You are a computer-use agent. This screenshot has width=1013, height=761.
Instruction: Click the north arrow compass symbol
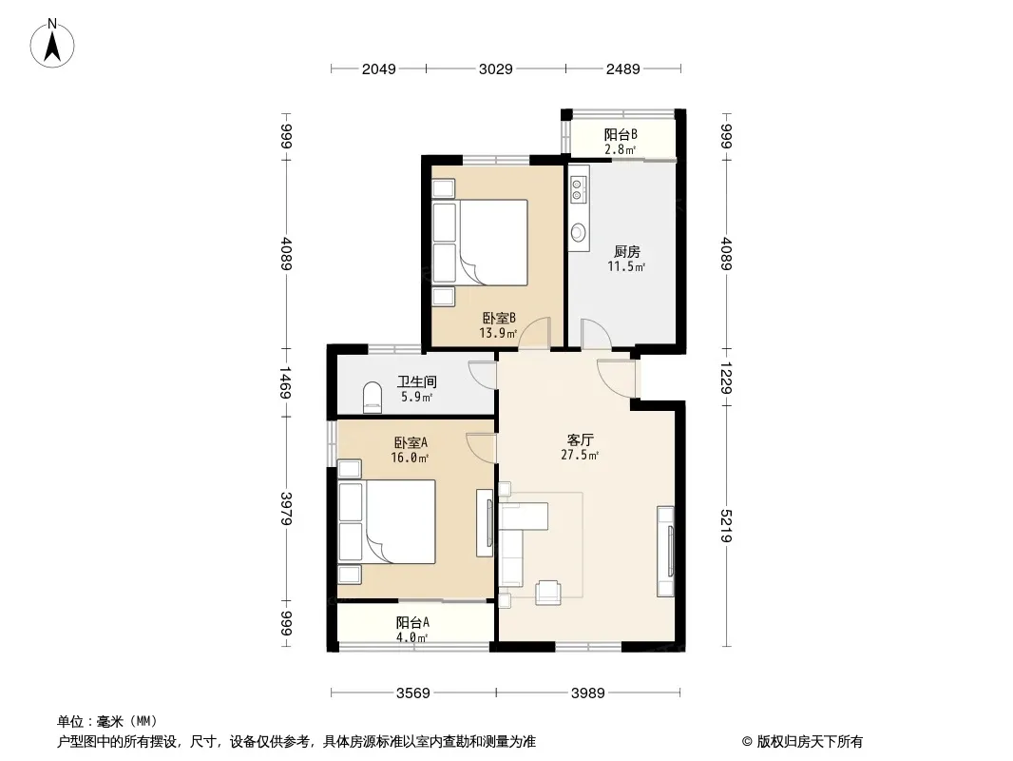[52, 44]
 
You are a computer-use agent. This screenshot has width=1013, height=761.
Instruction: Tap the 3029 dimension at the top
[495, 68]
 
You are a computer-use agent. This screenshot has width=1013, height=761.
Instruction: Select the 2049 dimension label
[378, 68]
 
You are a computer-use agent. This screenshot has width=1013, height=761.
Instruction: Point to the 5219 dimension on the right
[726, 526]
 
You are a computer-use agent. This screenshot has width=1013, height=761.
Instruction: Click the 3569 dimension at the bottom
[412, 693]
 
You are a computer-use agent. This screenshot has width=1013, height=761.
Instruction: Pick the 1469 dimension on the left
[286, 382]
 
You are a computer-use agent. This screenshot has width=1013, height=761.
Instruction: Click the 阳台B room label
[621, 134]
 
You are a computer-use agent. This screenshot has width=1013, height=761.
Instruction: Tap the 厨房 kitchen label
[626, 251]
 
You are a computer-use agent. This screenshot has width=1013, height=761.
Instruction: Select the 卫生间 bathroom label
[417, 382]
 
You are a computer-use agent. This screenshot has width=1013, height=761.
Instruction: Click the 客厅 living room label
[581, 439]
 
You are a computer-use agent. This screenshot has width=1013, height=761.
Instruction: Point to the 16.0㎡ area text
[410, 458]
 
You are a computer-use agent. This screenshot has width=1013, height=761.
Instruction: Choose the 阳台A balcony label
[412, 623]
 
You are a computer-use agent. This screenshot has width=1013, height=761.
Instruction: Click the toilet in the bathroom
[373, 397]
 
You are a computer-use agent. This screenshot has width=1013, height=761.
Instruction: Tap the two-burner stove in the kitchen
[578, 188]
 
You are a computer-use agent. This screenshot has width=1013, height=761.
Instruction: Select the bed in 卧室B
[480, 243]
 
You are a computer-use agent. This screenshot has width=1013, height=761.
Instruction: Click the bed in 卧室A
[387, 522]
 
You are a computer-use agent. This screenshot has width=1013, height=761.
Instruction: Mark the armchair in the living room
[548, 592]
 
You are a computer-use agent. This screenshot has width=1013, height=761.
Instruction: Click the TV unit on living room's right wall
[666, 551]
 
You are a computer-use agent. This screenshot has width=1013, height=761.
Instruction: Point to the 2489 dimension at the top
[622, 68]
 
